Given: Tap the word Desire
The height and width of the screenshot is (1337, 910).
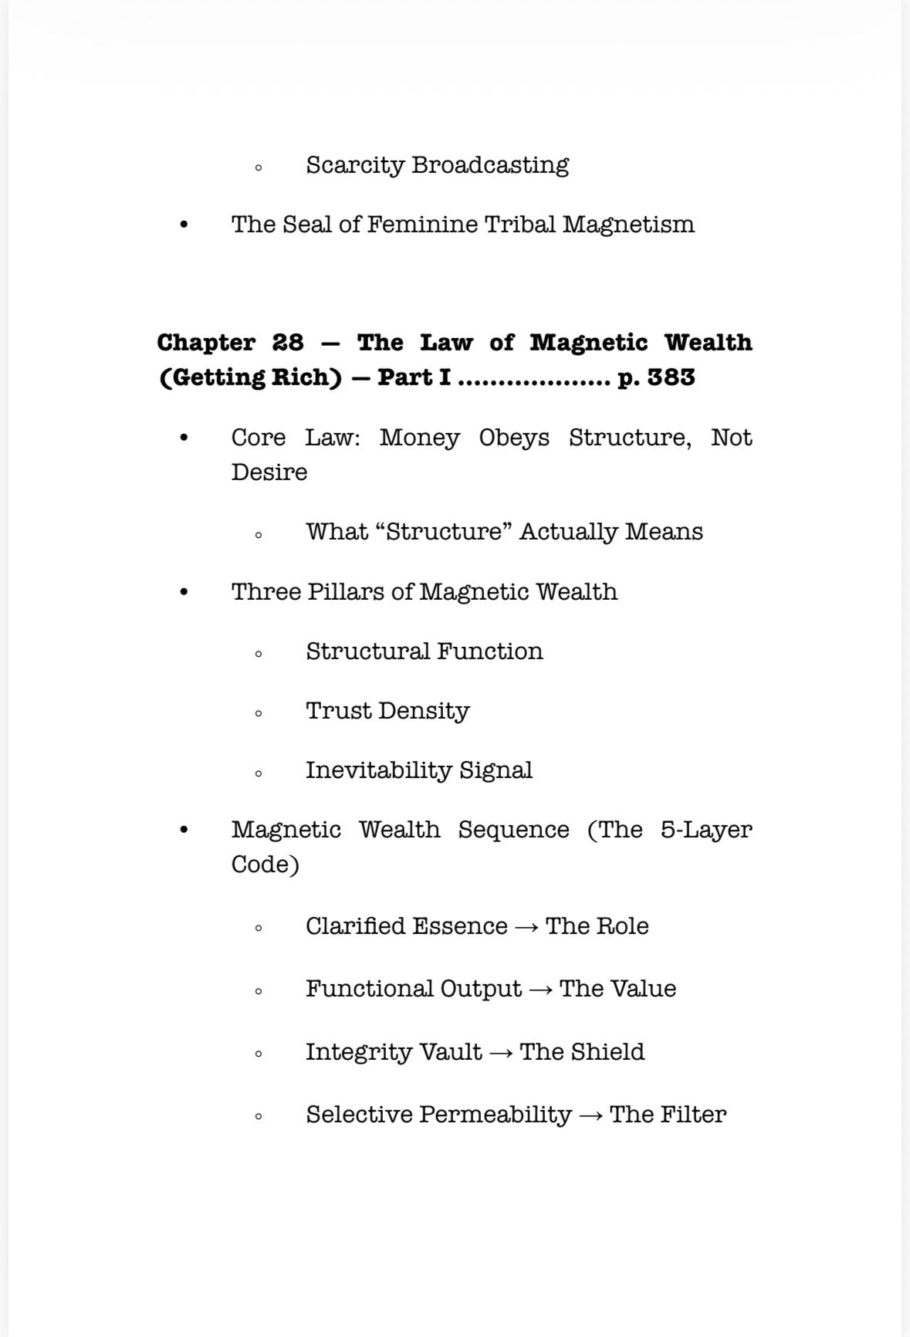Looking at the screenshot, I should point(269,472).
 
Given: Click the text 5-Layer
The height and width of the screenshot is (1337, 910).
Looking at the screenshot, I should point(705,830).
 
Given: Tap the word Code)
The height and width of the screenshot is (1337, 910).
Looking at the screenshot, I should point(265,865).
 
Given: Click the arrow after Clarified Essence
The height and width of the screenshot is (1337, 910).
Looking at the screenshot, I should point(526,927).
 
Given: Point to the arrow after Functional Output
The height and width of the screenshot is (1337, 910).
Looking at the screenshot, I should point(540,990).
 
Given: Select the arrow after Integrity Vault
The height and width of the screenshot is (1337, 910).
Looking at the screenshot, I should point(501,1053).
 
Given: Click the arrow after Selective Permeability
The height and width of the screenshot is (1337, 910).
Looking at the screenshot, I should point(590,1115).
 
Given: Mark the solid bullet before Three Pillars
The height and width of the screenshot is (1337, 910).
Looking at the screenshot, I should point(183,593).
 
